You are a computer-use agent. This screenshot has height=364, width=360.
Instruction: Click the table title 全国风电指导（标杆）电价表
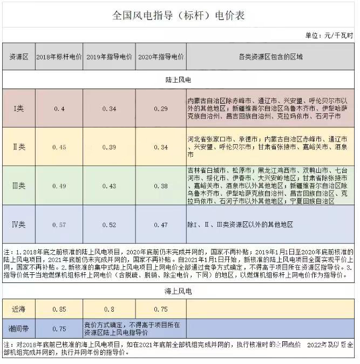tap(179, 15)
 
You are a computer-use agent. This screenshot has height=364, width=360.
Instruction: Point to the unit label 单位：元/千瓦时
tap(329, 36)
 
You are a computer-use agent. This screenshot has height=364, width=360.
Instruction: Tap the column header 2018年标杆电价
tap(59, 56)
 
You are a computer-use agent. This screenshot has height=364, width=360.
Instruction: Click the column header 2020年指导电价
tap(161, 56)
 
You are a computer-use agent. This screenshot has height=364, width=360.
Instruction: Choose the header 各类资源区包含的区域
tap(270, 56)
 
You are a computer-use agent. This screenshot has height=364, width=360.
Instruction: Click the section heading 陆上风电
tap(179, 79)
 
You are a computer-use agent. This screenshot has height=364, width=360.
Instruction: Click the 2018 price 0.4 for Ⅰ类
tap(59, 109)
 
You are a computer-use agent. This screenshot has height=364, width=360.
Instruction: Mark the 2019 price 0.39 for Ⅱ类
tap(110, 147)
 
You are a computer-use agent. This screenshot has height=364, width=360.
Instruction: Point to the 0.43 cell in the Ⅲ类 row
tap(110, 185)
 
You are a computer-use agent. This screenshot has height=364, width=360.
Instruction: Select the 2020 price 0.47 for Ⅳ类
tap(161, 224)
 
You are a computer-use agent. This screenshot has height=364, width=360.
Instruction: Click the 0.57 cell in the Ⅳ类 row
tap(59, 224)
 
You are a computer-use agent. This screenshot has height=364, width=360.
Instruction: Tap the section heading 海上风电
tap(179, 291)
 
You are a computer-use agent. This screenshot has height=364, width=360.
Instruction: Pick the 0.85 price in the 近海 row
tap(59, 309)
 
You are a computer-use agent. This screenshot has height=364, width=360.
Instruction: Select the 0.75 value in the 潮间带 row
tap(59, 328)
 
